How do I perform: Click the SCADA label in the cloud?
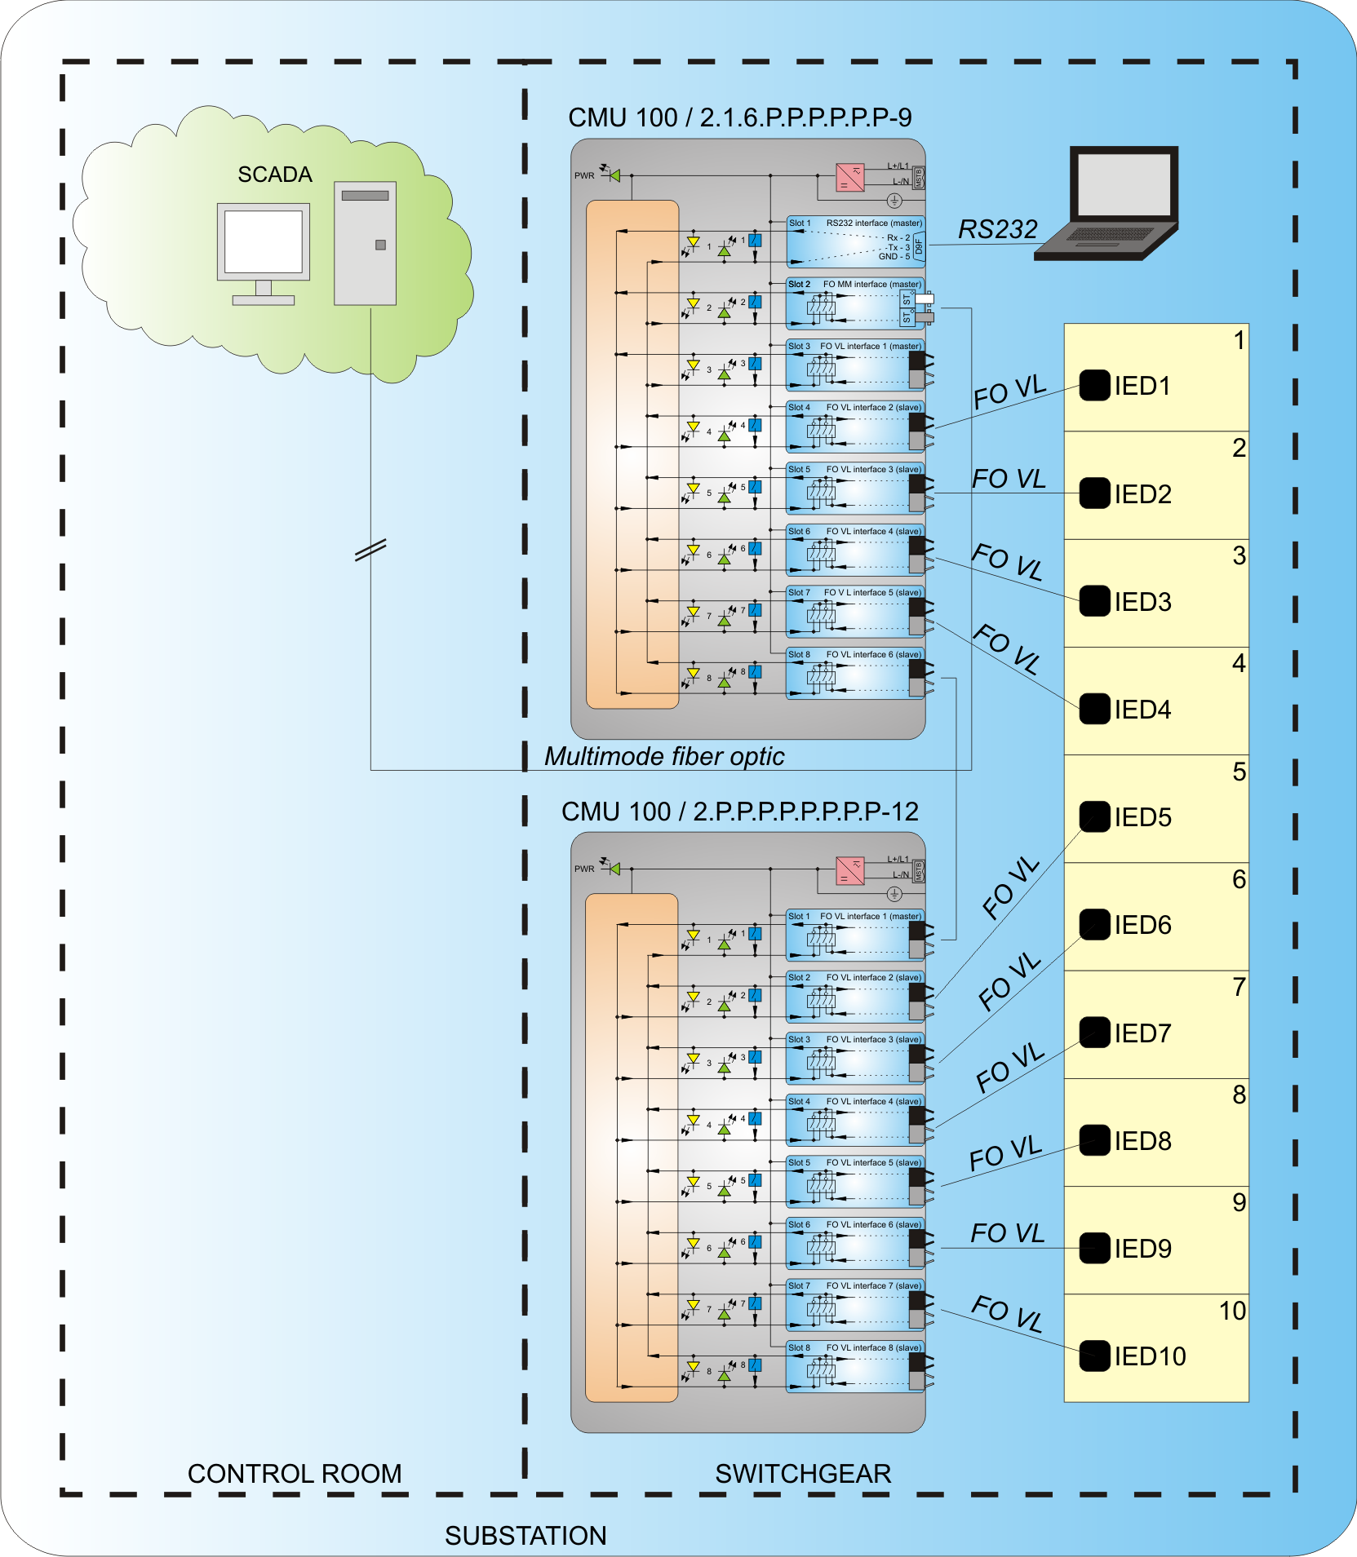coord(275,175)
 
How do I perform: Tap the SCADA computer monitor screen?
coord(264,241)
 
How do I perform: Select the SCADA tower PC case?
coord(365,243)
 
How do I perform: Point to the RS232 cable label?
coord(997,230)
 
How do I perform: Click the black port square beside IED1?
coord(1094,385)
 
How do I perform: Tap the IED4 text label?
coord(1142,710)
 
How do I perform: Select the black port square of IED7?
coord(1094,1032)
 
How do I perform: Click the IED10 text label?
coord(1150,1356)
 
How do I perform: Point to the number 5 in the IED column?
coord(1239,772)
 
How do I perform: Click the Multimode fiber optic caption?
coord(664,757)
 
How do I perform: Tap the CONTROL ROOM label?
coord(295,1474)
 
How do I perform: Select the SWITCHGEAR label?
coord(803,1474)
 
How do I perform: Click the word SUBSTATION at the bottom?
coord(526,1536)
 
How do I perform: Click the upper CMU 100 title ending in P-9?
coord(740,117)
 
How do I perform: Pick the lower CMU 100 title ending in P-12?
coord(740,812)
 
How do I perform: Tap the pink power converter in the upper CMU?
coord(850,177)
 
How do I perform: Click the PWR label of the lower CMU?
coord(584,869)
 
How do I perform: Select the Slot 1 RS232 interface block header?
coord(855,223)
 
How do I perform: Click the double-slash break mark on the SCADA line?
coord(370,551)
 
